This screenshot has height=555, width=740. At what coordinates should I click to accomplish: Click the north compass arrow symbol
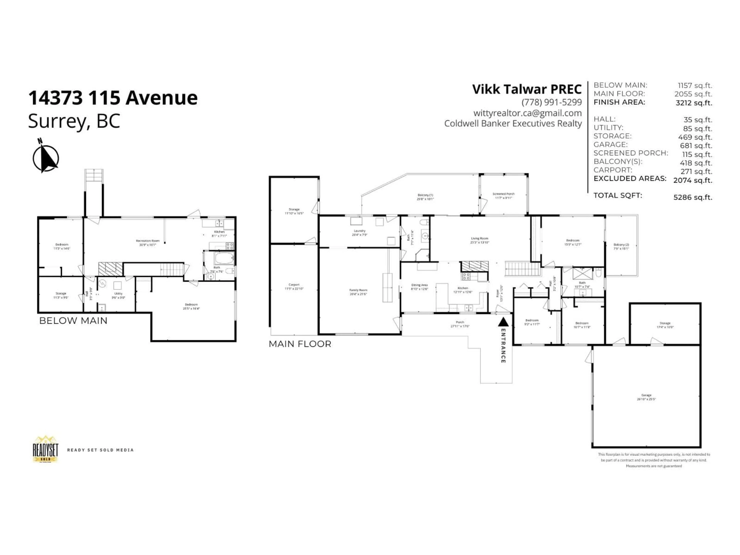(46, 157)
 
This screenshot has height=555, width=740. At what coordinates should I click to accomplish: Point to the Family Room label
(358, 292)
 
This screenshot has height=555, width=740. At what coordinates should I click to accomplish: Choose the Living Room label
(479, 240)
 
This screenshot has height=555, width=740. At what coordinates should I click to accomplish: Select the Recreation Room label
(148, 242)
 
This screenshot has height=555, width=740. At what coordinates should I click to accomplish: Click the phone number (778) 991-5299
(551, 102)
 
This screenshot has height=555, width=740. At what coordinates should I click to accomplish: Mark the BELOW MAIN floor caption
(73, 320)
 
